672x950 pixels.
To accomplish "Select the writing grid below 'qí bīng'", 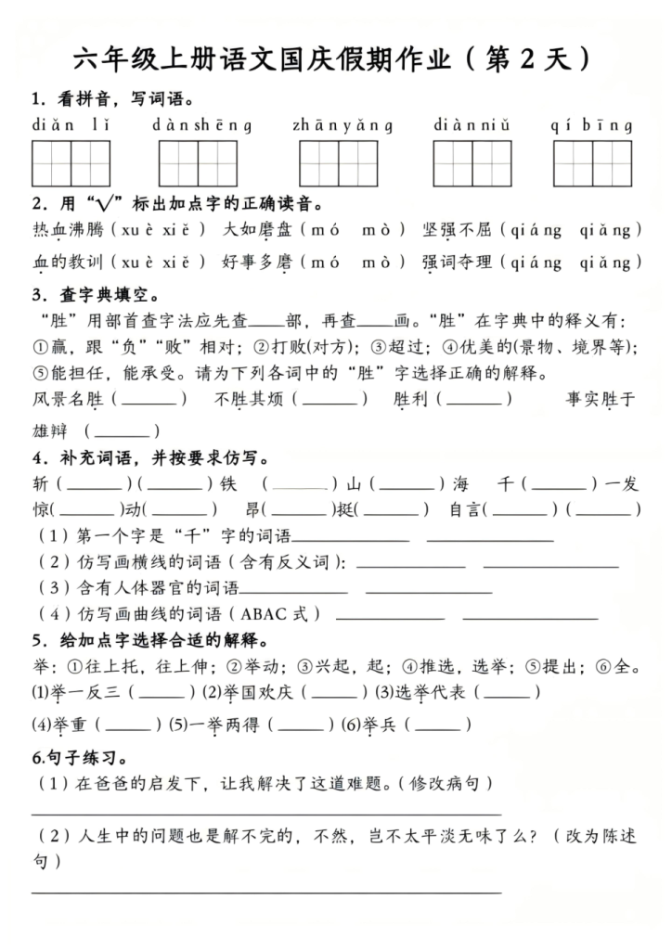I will [x=592, y=164].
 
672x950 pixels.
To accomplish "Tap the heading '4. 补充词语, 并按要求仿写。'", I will [x=150, y=457].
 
